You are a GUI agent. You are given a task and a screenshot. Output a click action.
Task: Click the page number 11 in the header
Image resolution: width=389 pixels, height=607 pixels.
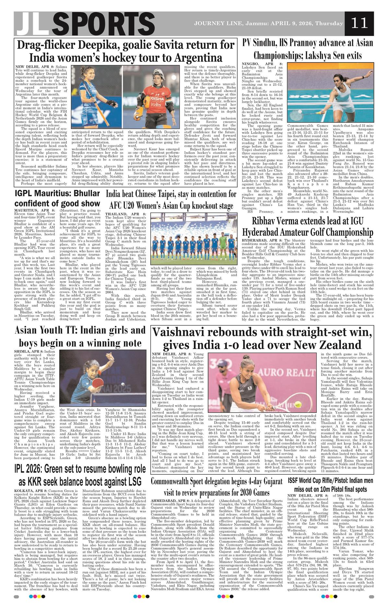coord(359,23)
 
